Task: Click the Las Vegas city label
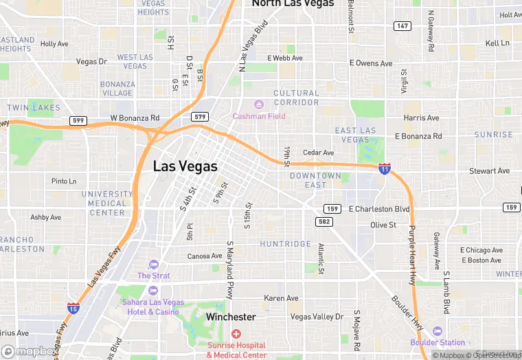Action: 185,166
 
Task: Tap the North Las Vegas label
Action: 293,3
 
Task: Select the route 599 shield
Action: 78,121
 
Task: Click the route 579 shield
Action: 200,117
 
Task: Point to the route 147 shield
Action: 402,26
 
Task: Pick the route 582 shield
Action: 324,221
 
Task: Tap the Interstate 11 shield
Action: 385,167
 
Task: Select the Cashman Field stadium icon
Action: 258,104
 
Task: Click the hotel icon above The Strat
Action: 153,265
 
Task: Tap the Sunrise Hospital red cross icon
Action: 236,333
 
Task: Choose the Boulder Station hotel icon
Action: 437,330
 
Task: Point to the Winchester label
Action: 231,317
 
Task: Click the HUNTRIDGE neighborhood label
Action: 285,244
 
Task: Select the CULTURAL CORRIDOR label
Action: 296,98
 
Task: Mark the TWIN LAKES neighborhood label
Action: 34,108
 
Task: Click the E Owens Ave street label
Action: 371,63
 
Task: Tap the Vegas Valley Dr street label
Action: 316,317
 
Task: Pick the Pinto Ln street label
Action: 64,181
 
